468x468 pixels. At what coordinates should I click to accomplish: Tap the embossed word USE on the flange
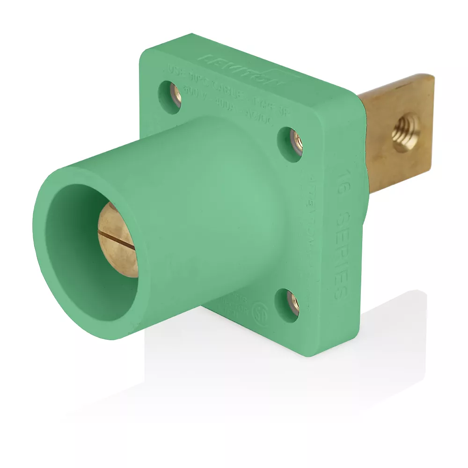click(x=173, y=71)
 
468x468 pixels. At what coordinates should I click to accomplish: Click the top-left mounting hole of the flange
click(x=170, y=96)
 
